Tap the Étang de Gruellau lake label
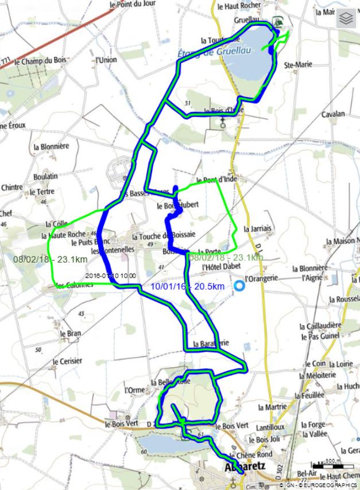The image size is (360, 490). pyautogui.click(x=210, y=53)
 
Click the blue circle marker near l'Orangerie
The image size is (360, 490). pyautogui.click(x=239, y=286)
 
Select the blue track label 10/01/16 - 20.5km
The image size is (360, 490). pyautogui.click(x=186, y=286)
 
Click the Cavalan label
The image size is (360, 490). pyautogui.click(x=333, y=114)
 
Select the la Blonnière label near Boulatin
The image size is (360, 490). pyautogui.click(x=59, y=146)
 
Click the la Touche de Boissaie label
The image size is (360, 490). pyautogui.click(x=164, y=236)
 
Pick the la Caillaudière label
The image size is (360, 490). pyautogui.click(x=320, y=325)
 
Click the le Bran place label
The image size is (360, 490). pyautogui.click(x=69, y=333)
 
